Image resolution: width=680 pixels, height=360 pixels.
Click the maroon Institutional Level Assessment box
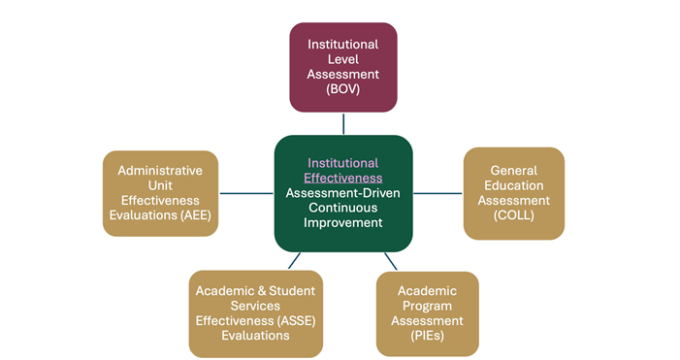tap(343, 67)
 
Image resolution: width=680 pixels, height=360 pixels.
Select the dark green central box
tap(343, 193)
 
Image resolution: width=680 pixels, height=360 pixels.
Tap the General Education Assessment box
tap(513, 193)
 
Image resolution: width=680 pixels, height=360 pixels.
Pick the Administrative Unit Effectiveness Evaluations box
tap(160, 192)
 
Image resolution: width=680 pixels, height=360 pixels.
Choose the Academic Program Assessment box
tap(427, 312)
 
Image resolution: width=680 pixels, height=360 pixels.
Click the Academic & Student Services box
tap(256, 312)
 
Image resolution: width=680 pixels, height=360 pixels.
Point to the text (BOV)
tap(343, 88)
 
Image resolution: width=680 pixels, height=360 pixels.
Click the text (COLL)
tap(513, 214)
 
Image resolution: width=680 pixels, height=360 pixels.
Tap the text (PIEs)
tap(427, 335)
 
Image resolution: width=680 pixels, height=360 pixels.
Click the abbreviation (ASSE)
tap(297, 320)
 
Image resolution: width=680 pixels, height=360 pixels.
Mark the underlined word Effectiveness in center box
tap(343, 179)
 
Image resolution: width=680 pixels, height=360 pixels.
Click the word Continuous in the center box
tap(343, 208)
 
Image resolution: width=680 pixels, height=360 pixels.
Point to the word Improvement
tap(343, 222)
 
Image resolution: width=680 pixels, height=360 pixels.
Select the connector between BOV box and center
tap(343, 123)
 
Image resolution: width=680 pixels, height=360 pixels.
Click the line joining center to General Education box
tap(438, 193)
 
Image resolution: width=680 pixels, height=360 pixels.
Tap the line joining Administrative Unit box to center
tap(245, 193)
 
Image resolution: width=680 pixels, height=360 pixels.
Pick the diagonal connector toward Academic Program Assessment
tap(391, 261)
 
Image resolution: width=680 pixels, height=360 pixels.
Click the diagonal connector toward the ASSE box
tap(294, 261)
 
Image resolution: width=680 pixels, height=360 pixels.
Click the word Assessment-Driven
tap(343, 193)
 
